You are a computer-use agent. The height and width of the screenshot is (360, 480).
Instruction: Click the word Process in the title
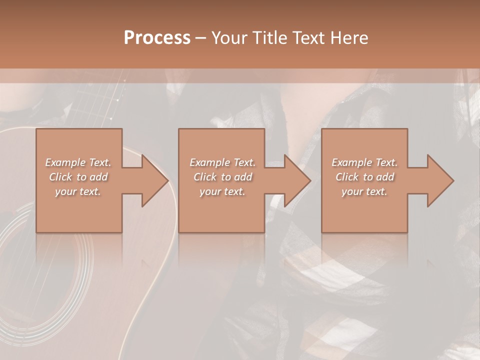tap(157, 38)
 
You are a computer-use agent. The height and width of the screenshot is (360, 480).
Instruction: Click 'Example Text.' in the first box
tap(78, 162)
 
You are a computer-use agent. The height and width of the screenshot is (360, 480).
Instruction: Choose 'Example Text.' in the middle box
tap(222, 162)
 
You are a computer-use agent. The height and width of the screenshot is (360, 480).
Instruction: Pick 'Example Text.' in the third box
tap(364, 162)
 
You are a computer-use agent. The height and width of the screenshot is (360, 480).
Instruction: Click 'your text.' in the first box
tap(78, 191)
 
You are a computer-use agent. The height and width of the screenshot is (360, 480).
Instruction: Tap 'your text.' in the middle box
tap(222, 191)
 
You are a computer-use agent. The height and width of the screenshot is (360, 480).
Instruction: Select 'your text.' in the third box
tap(364, 191)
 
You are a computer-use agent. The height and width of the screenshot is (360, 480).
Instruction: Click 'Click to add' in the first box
tap(78, 177)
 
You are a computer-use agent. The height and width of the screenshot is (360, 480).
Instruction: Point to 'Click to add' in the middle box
tap(222, 177)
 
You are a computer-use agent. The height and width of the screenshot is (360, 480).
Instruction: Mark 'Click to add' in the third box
tap(364, 177)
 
